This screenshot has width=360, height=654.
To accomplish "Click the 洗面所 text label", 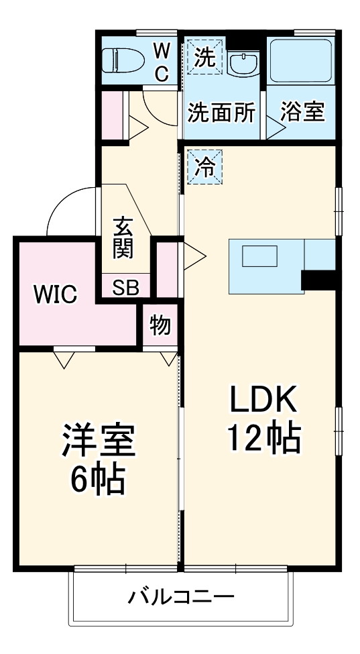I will [221, 112].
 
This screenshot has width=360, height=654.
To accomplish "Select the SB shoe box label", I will [125, 288].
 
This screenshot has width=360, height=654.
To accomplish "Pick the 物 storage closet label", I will [160, 326].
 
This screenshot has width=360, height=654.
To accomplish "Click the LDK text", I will [263, 401].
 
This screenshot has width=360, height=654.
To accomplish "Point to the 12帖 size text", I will [263, 439].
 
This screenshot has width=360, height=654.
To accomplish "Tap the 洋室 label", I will [99, 441].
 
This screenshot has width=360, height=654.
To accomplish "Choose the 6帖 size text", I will [99, 478].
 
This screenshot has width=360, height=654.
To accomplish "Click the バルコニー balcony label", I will [181, 596].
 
